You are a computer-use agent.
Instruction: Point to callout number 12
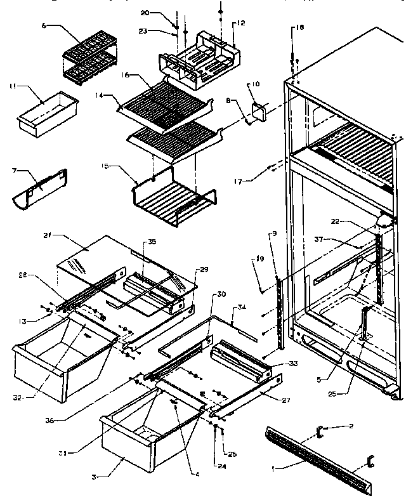pos(241,23)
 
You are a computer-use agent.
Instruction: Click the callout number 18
pos(301,29)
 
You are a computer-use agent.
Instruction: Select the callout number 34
pos(241,308)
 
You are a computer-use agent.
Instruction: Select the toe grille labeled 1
pos(317,454)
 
